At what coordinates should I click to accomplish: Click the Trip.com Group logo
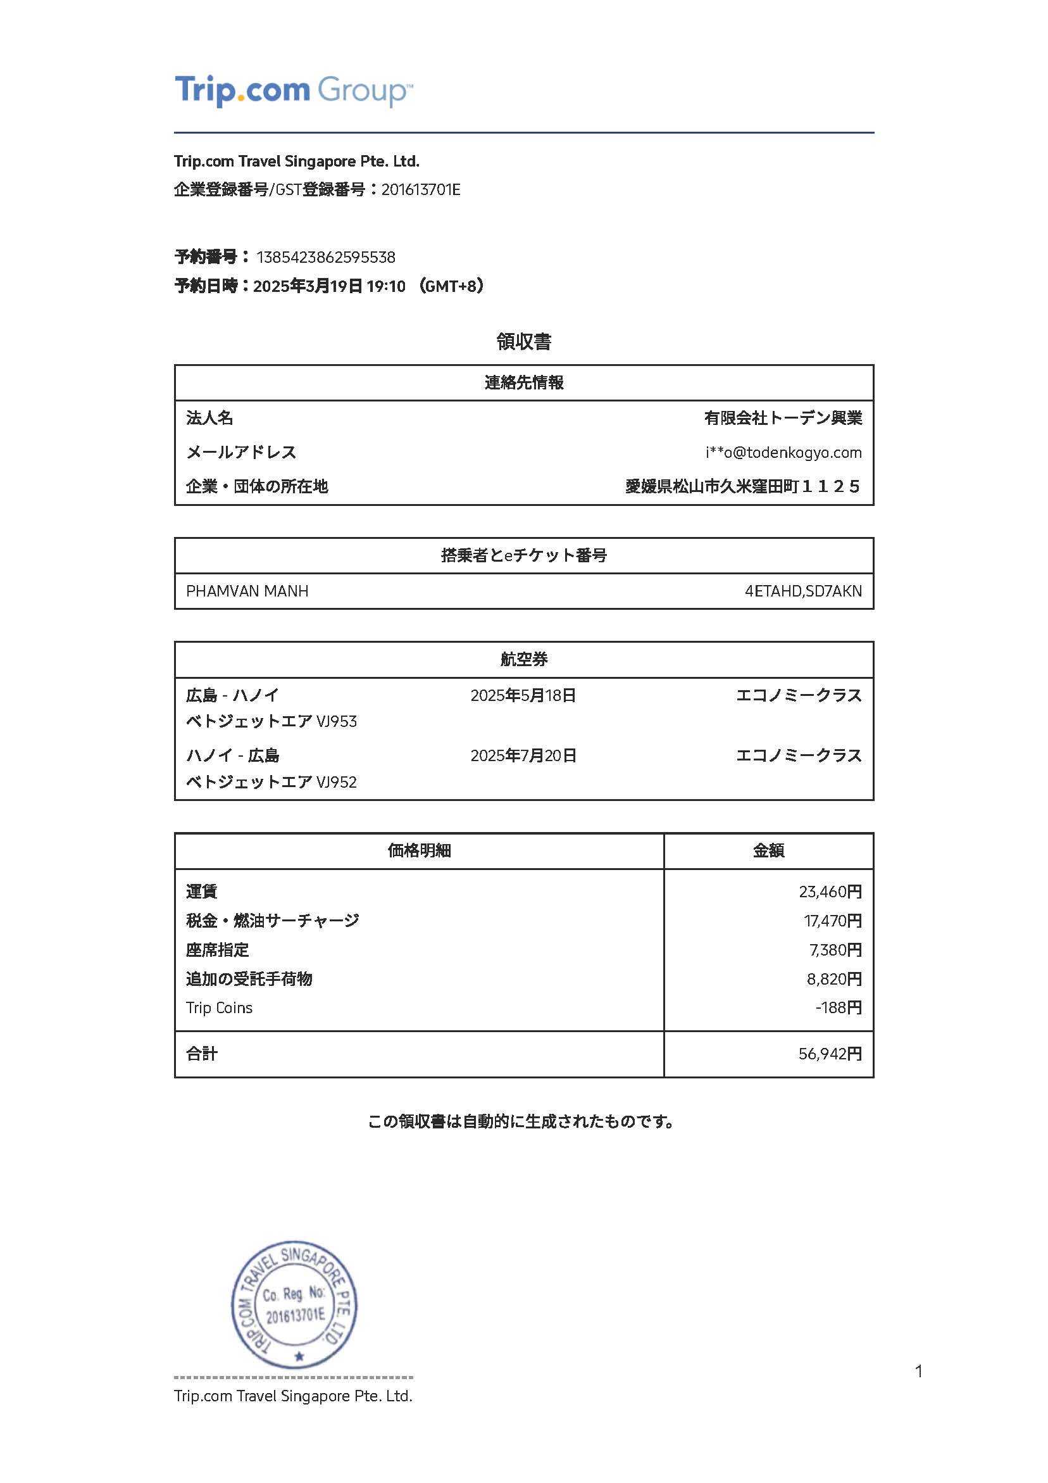293,91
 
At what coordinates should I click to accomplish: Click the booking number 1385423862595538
325,257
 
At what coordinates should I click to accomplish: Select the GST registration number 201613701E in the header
420,190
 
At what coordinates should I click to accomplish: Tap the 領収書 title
523,342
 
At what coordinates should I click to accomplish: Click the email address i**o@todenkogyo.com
783,452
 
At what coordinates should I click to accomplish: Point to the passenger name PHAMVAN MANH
247,591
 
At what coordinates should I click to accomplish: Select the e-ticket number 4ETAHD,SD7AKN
802,591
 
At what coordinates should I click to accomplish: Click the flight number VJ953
337,721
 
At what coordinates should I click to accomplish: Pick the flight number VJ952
337,782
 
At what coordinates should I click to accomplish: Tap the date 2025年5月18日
523,696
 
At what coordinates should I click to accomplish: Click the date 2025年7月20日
523,755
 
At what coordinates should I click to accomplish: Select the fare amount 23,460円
830,892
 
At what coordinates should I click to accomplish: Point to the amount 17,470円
832,921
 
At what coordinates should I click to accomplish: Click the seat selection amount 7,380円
835,950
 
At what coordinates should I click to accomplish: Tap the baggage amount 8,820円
833,979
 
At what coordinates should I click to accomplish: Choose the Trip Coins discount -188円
838,1007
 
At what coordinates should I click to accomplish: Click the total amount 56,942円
830,1054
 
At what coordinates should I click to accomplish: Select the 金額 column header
768,850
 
